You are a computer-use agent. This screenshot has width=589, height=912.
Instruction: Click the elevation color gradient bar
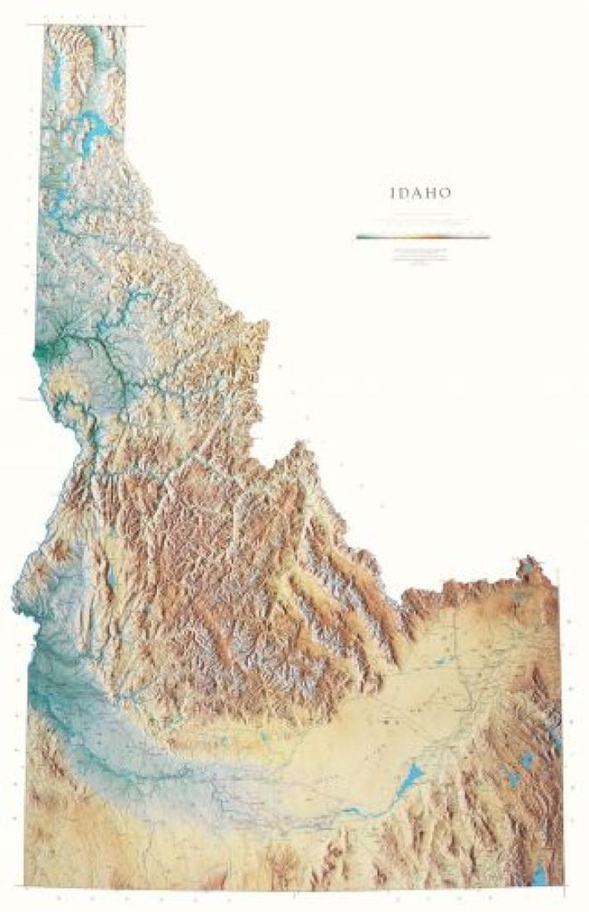pyautogui.click(x=422, y=237)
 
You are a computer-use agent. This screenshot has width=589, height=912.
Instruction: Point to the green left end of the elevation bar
pyautogui.click(x=359, y=237)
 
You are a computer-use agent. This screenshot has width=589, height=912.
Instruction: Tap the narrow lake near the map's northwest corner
pyautogui.click(x=54, y=68)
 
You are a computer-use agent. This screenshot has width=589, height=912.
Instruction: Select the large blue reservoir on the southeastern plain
pyautogui.click(x=407, y=782)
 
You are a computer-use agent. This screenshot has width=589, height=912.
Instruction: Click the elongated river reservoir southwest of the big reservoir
pyautogui.click(x=352, y=811)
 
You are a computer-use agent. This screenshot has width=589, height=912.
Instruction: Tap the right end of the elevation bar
pyautogui.click(x=487, y=237)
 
